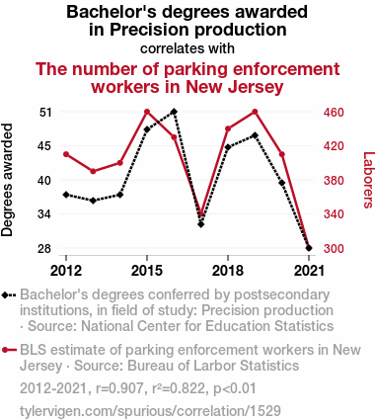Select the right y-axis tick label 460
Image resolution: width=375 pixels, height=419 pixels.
[333, 112]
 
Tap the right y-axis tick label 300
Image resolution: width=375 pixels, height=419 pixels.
[333, 248]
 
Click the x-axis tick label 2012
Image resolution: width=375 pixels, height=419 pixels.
[66, 270]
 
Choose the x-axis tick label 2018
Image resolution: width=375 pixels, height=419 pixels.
[228, 270]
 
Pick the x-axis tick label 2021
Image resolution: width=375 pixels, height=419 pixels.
[309, 270]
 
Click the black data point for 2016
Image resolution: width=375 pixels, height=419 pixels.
[174, 112]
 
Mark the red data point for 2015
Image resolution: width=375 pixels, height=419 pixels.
[147, 112]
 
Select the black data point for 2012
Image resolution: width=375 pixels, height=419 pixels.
[66, 194]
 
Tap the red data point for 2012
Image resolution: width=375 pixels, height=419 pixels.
[66, 154]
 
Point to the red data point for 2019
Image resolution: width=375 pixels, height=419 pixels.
[255, 112]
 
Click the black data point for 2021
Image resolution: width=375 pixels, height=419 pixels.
[309, 248]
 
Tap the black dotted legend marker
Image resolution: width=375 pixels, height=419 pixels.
[9, 295]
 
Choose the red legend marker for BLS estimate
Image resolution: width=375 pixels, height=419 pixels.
[9, 350]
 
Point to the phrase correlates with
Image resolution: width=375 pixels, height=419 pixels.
[187, 47]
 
